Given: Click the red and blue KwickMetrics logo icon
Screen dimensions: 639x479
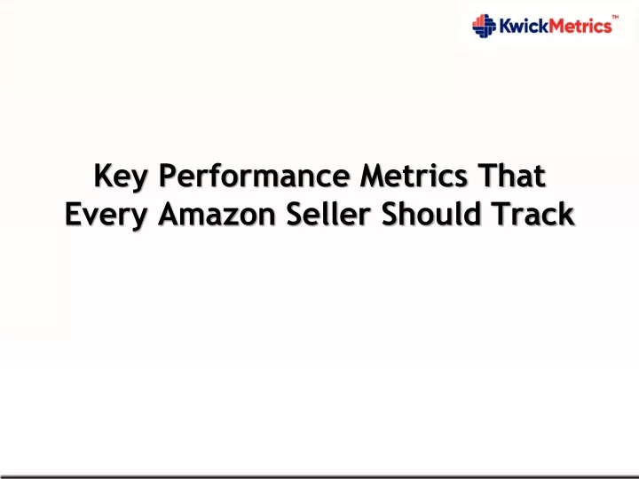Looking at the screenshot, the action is (x=484, y=26).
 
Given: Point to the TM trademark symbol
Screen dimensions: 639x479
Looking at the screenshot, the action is (x=615, y=17).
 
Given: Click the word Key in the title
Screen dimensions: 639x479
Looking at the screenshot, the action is (x=120, y=177).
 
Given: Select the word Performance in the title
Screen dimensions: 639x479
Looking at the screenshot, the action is (x=255, y=176).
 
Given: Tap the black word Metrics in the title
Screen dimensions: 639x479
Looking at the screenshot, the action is (x=414, y=176).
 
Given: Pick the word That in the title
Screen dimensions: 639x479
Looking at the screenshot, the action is (x=511, y=176).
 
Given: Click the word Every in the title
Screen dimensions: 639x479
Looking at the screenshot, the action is (x=106, y=215).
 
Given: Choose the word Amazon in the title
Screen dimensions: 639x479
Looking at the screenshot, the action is (x=217, y=215).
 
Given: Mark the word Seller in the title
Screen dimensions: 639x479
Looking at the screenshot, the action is (x=328, y=215).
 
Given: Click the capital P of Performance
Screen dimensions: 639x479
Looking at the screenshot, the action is (x=168, y=176).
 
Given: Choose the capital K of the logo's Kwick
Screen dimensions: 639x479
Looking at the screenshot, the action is (x=506, y=26).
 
